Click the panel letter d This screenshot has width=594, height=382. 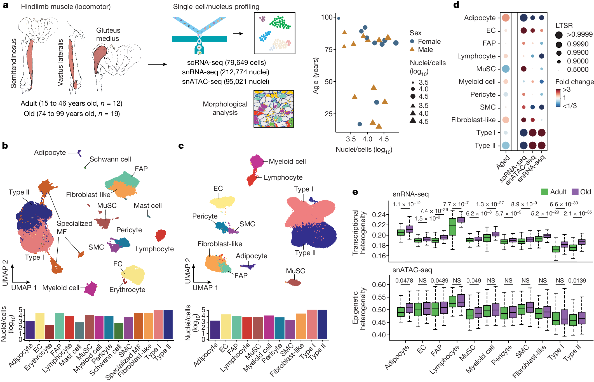pos(456,5)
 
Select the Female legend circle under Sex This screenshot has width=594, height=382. pos(412,41)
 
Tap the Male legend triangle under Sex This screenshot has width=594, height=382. pos(412,49)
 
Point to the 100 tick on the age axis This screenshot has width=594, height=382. pos(327,17)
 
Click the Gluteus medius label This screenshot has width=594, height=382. pos(108,34)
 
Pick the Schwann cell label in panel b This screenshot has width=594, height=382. pos(110,159)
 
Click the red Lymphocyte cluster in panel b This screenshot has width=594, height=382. pos(161,235)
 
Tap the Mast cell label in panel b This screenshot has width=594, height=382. pos(147,206)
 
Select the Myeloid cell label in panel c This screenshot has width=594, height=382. pos(287,162)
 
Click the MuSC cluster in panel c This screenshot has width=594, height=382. pos(294,282)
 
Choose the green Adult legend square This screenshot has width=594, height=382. pos(544,192)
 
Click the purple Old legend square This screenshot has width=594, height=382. pos(575,192)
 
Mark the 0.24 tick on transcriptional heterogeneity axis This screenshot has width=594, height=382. pos(378,215)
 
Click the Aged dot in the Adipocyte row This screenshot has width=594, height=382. pos(505,18)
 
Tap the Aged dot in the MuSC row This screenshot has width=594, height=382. pos(505,69)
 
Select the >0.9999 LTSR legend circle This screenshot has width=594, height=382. pos(559,35)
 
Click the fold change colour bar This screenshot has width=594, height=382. pos(558,98)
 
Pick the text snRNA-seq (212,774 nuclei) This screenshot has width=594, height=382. pos(226,72)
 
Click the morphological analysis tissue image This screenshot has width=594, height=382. pos(274,109)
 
